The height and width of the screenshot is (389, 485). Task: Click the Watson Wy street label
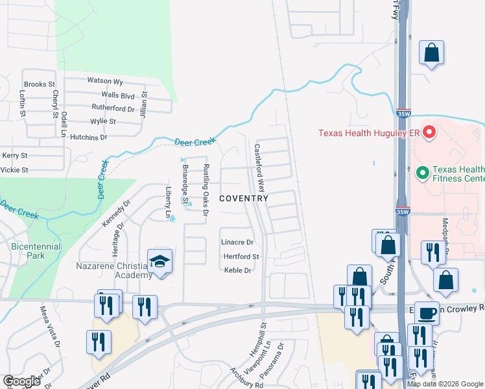[x=105, y=81]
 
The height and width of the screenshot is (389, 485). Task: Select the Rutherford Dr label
[x=113, y=108]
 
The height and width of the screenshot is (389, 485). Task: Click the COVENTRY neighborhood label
[x=243, y=198]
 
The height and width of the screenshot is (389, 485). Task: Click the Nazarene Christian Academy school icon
[x=160, y=261]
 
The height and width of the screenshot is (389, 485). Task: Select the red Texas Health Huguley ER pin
[x=429, y=134]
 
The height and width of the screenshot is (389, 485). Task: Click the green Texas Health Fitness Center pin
[x=423, y=172]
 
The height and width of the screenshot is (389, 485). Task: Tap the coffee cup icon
[x=427, y=313]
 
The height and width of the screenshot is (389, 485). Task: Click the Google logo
[x=21, y=381]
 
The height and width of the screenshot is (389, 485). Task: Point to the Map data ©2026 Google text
[x=445, y=384]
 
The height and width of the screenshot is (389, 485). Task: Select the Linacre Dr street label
[x=237, y=242]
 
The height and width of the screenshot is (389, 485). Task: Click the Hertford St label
[x=241, y=257]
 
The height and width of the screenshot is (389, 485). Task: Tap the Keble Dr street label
[x=237, y=270]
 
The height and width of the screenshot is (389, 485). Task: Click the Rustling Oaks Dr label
[x=206, y=189]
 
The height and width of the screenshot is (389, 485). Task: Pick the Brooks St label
[x=39, y=84]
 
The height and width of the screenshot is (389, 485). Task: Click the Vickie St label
[x=16, y=170]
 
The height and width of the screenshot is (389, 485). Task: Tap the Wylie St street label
[x=103, y=121]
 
